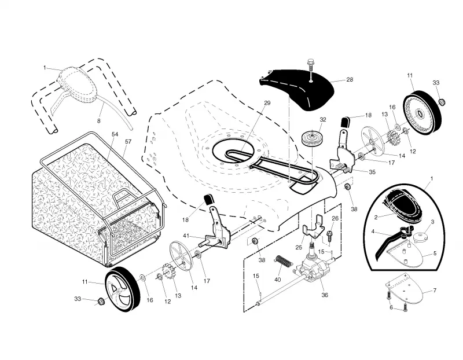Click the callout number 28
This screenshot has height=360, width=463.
(x=350, y=79)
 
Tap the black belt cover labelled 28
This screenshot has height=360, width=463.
(x=298, y=89)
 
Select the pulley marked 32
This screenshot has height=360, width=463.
(x=311, y=138)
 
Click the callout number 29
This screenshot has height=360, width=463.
(x=267, y=103)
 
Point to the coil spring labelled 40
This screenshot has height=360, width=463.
(x=283, y=260)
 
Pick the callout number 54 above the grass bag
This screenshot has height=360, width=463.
(x=115, y=134)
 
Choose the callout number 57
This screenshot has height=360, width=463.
(x=128, y=142)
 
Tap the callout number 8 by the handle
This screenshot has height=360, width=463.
(x=98, y=121)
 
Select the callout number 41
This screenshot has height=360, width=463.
(x=186, y=236)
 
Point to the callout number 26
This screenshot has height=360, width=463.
(x=335, y=219)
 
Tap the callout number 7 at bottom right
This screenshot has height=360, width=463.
(x=435, y=291)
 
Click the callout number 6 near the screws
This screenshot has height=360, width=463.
(x=391, y=307)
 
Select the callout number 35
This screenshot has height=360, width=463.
(x=372, y=172)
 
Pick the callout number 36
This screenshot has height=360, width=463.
(x=325, y=295)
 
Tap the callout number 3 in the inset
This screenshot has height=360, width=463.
(x=432, y=222)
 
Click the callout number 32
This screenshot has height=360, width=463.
(x=323, y=120)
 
